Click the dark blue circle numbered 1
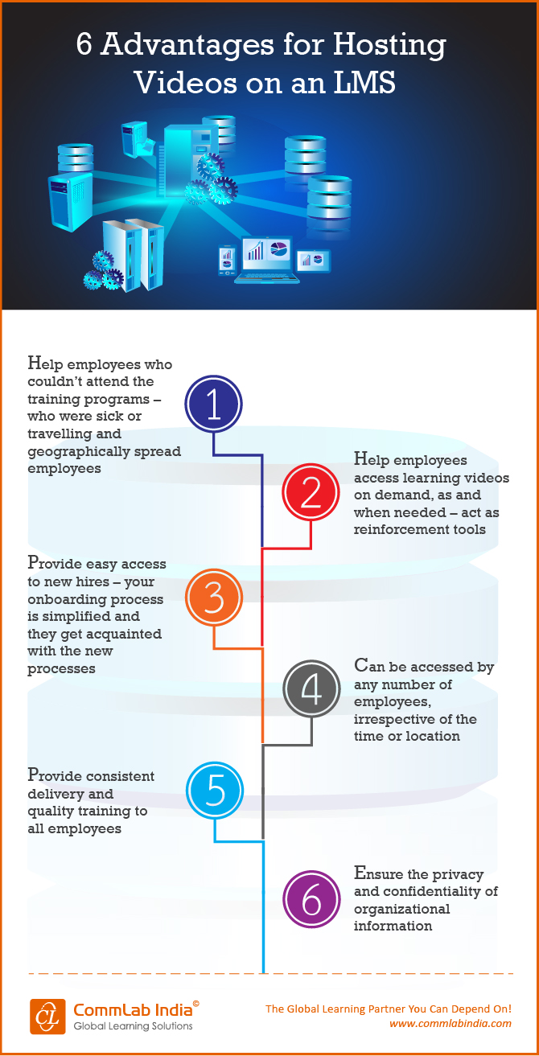pyautogui.click(x=214, y=405)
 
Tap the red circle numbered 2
pyautogui.click(x=311, y=495)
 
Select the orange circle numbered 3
pyautogui.click(x=214, y=598)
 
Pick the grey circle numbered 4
pyautogui.click(x=312, y=689)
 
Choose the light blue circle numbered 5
pyautogui.click(x=215, y=791)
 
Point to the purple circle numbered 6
pyautogui.click(x=312, y=900)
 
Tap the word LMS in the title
pyautogui.click(x=361, y=83)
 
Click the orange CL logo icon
pyautogui.click(x=47, y=1016)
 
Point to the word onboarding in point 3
pyautogui.click(x=68, y=599)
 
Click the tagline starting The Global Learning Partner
pyautogui.click(x=389, y=1009)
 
